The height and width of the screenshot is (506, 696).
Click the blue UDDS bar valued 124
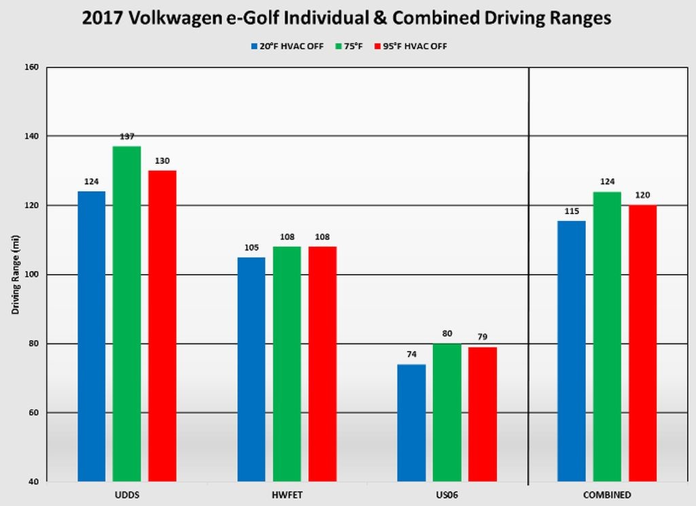tap(91, 336)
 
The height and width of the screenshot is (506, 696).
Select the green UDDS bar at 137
tap(126, 314)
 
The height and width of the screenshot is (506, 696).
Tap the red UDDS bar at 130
tap(162, 326)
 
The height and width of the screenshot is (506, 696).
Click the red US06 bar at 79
tap(482, 414)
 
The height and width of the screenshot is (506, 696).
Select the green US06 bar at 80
tap(447, 412)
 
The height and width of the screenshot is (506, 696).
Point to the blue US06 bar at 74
tap(411, 422)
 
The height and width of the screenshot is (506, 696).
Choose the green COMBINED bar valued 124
tap(607, 337)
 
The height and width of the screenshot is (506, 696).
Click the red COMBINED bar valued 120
tap(642, 343)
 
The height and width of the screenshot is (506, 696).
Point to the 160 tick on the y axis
tap(32, 67)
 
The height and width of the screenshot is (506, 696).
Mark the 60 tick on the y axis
tap(34, 413)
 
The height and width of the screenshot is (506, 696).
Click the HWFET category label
tap(287, 494)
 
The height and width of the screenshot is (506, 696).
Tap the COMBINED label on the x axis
tap(607, 494)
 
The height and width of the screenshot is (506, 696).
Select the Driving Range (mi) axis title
tap(15, 275)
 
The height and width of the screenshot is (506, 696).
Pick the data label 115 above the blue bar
tap(572, 212)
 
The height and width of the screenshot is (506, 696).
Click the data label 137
tap(126, 137)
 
